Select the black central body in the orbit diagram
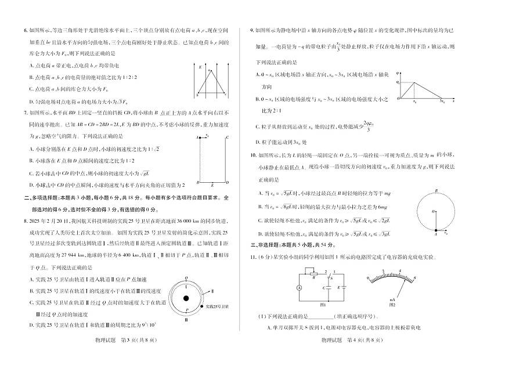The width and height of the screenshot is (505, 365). pos(186,299)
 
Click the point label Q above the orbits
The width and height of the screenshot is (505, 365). pos(186,278)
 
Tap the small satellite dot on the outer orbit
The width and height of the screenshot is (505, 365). pos(200,305)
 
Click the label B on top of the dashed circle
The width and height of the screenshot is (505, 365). pos(435,190)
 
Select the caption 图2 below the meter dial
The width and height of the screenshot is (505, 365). pos(392,304)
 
